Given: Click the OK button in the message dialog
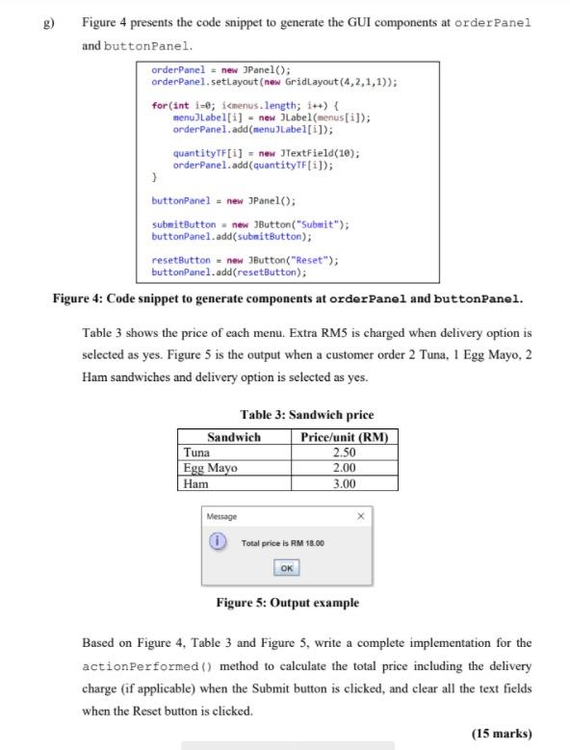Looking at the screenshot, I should pos(287,568).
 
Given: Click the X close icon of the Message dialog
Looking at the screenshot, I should pos(361,517).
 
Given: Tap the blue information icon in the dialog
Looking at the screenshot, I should pos(219,543).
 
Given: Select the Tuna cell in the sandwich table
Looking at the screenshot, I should pos(196,452).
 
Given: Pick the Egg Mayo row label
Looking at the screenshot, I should pos(210,468).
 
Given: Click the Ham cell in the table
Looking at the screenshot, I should pos(195,483).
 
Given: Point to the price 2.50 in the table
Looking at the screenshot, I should pos(344,452).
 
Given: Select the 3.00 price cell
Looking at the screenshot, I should pos(344,483).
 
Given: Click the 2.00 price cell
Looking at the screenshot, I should pos(344,468).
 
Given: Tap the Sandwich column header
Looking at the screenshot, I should pos(233,436).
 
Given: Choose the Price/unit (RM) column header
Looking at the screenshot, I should pos(344,436).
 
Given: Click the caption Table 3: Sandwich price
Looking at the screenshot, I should pos(306,415).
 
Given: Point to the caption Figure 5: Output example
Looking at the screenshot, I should pos(287,603).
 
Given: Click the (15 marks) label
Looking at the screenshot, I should pos(501,733).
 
